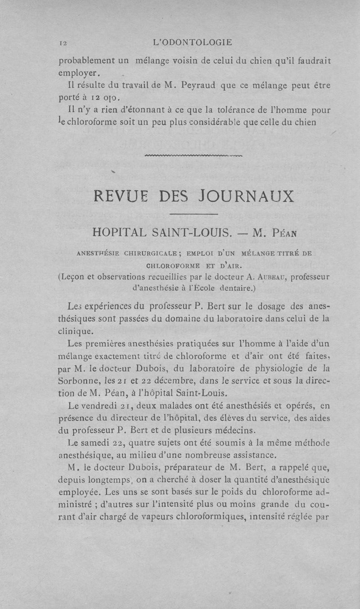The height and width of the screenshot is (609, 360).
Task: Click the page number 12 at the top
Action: point(63,43)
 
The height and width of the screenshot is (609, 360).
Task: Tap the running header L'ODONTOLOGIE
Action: point(193,43)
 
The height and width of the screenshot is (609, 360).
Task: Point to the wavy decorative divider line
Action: point(194,156)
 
